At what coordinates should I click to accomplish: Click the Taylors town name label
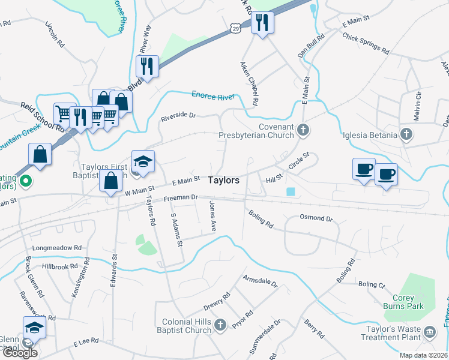(224, 180)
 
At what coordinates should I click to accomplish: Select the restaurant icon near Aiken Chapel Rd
(262, 23)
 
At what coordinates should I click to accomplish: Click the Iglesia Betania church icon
(406, 135)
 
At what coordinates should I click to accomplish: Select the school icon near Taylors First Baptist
(143, 161)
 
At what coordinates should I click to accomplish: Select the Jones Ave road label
(212, 217)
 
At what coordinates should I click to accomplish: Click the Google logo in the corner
(20, 353)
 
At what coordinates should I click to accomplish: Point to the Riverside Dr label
(178, 116)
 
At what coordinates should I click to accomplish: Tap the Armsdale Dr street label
(260, 281)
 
